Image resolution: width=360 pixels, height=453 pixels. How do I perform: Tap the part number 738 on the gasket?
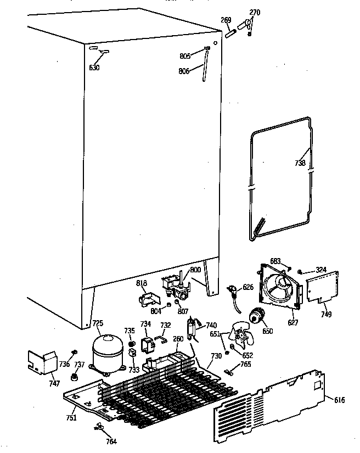[300, 163]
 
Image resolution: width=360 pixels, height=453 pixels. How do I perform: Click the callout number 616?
[340, 400]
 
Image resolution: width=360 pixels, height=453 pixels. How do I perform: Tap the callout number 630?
[94, 68]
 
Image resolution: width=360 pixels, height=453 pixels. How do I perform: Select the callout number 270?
[255, 12]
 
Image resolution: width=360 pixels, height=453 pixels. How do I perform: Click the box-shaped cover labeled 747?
[43, 362]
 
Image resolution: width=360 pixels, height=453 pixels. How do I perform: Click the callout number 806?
[184, 70]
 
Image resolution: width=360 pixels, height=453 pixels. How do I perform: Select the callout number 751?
[71, 418]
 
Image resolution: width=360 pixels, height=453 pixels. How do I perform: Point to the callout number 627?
[292, 323]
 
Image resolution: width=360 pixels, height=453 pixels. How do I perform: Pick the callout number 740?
[211, 325]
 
